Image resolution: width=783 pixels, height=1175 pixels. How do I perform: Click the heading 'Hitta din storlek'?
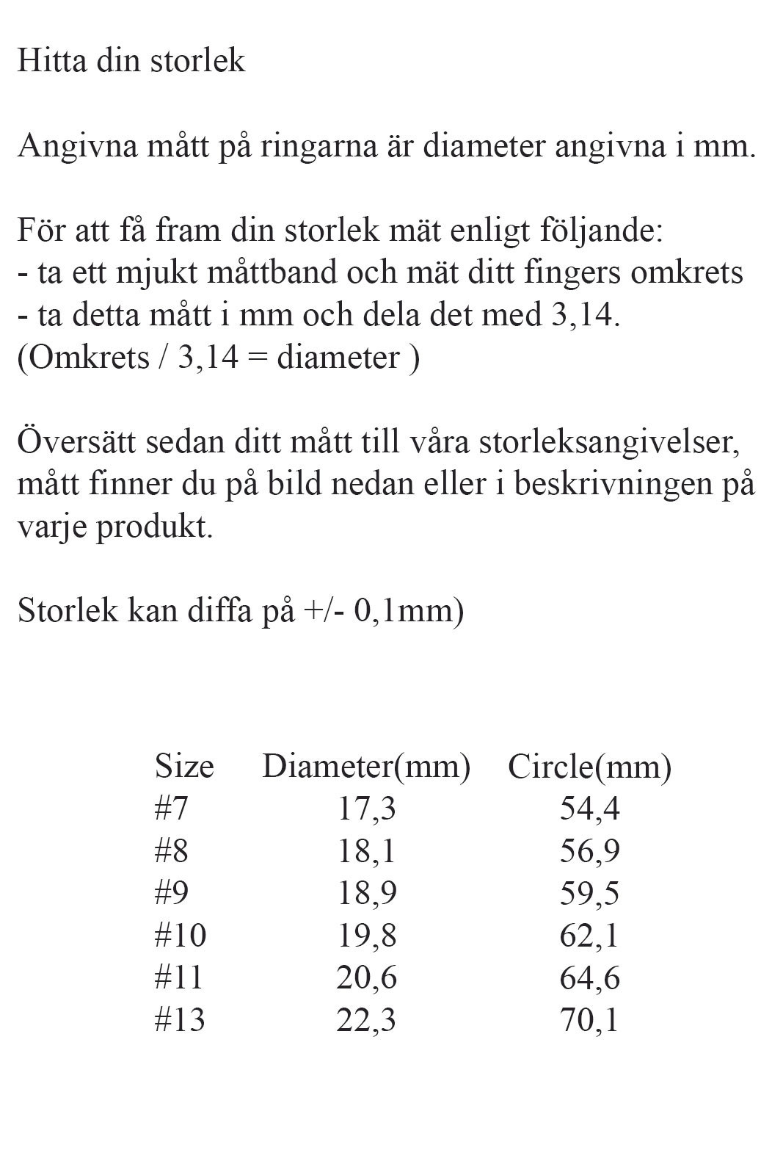(131, 61)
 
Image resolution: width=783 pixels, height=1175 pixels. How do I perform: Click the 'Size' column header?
(184, 767)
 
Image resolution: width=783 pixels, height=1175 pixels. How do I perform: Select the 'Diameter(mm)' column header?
(366, 767)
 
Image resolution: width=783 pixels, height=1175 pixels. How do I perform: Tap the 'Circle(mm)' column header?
(589, 767)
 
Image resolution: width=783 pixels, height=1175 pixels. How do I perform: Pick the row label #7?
(172, 809)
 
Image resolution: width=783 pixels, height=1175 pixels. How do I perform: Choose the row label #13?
(180, 1020)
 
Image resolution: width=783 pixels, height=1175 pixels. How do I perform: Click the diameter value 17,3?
(366, 809)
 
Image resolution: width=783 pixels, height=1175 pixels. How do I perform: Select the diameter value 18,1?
(366, 851)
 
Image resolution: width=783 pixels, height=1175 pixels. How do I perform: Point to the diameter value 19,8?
(366, 936)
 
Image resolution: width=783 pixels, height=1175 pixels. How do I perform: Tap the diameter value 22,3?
(366, 1020)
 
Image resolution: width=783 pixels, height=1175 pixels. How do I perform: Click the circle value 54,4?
(589, 809)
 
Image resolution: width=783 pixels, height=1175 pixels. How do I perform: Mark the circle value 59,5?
(589, 893)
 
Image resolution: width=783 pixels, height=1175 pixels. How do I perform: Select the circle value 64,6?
(589, 977)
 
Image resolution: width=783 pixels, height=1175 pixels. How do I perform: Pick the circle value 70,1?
(589, 1020)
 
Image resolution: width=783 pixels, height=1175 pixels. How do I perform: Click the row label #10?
(181, 936)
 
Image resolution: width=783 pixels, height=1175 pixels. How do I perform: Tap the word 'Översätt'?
(75, 442)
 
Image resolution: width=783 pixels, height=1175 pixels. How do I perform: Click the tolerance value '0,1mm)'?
(409, 611)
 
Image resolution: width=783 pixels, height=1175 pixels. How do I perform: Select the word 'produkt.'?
(154, 527)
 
